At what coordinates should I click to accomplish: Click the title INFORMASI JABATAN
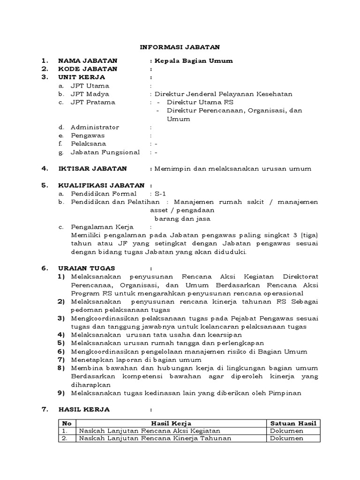pyautogui.click(x=180, y=47)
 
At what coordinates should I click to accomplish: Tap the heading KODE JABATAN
pyautogui.click(x=88, y=69)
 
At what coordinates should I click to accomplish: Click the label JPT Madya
pyautogui.click(x=90, y=94)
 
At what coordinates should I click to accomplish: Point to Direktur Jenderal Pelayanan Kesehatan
pyautogui.click(x=224, y=94)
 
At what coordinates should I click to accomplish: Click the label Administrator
pyautogui.click(x=95, y=127)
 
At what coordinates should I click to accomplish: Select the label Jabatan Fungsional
pyautogui.click(x=105, y=152)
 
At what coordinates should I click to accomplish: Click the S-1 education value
pyautogui.click(x=160, y=194)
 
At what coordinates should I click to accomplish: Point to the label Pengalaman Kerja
pyautogui.click(x=102, y=227)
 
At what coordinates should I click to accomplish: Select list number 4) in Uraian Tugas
pyautogui.click(x=61, y=335)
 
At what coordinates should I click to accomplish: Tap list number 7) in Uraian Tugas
pyautogui.click(x=61, y=360)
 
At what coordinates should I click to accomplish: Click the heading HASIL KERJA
pyautogui.click(x=84, y=409)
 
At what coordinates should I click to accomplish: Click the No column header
pyautogui.click(x=67, y=423)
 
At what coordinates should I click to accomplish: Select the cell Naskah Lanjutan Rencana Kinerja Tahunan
pyautogui.click(x=156, y=438)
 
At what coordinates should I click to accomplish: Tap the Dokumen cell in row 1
pyautogui.click(x=286, y=431)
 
